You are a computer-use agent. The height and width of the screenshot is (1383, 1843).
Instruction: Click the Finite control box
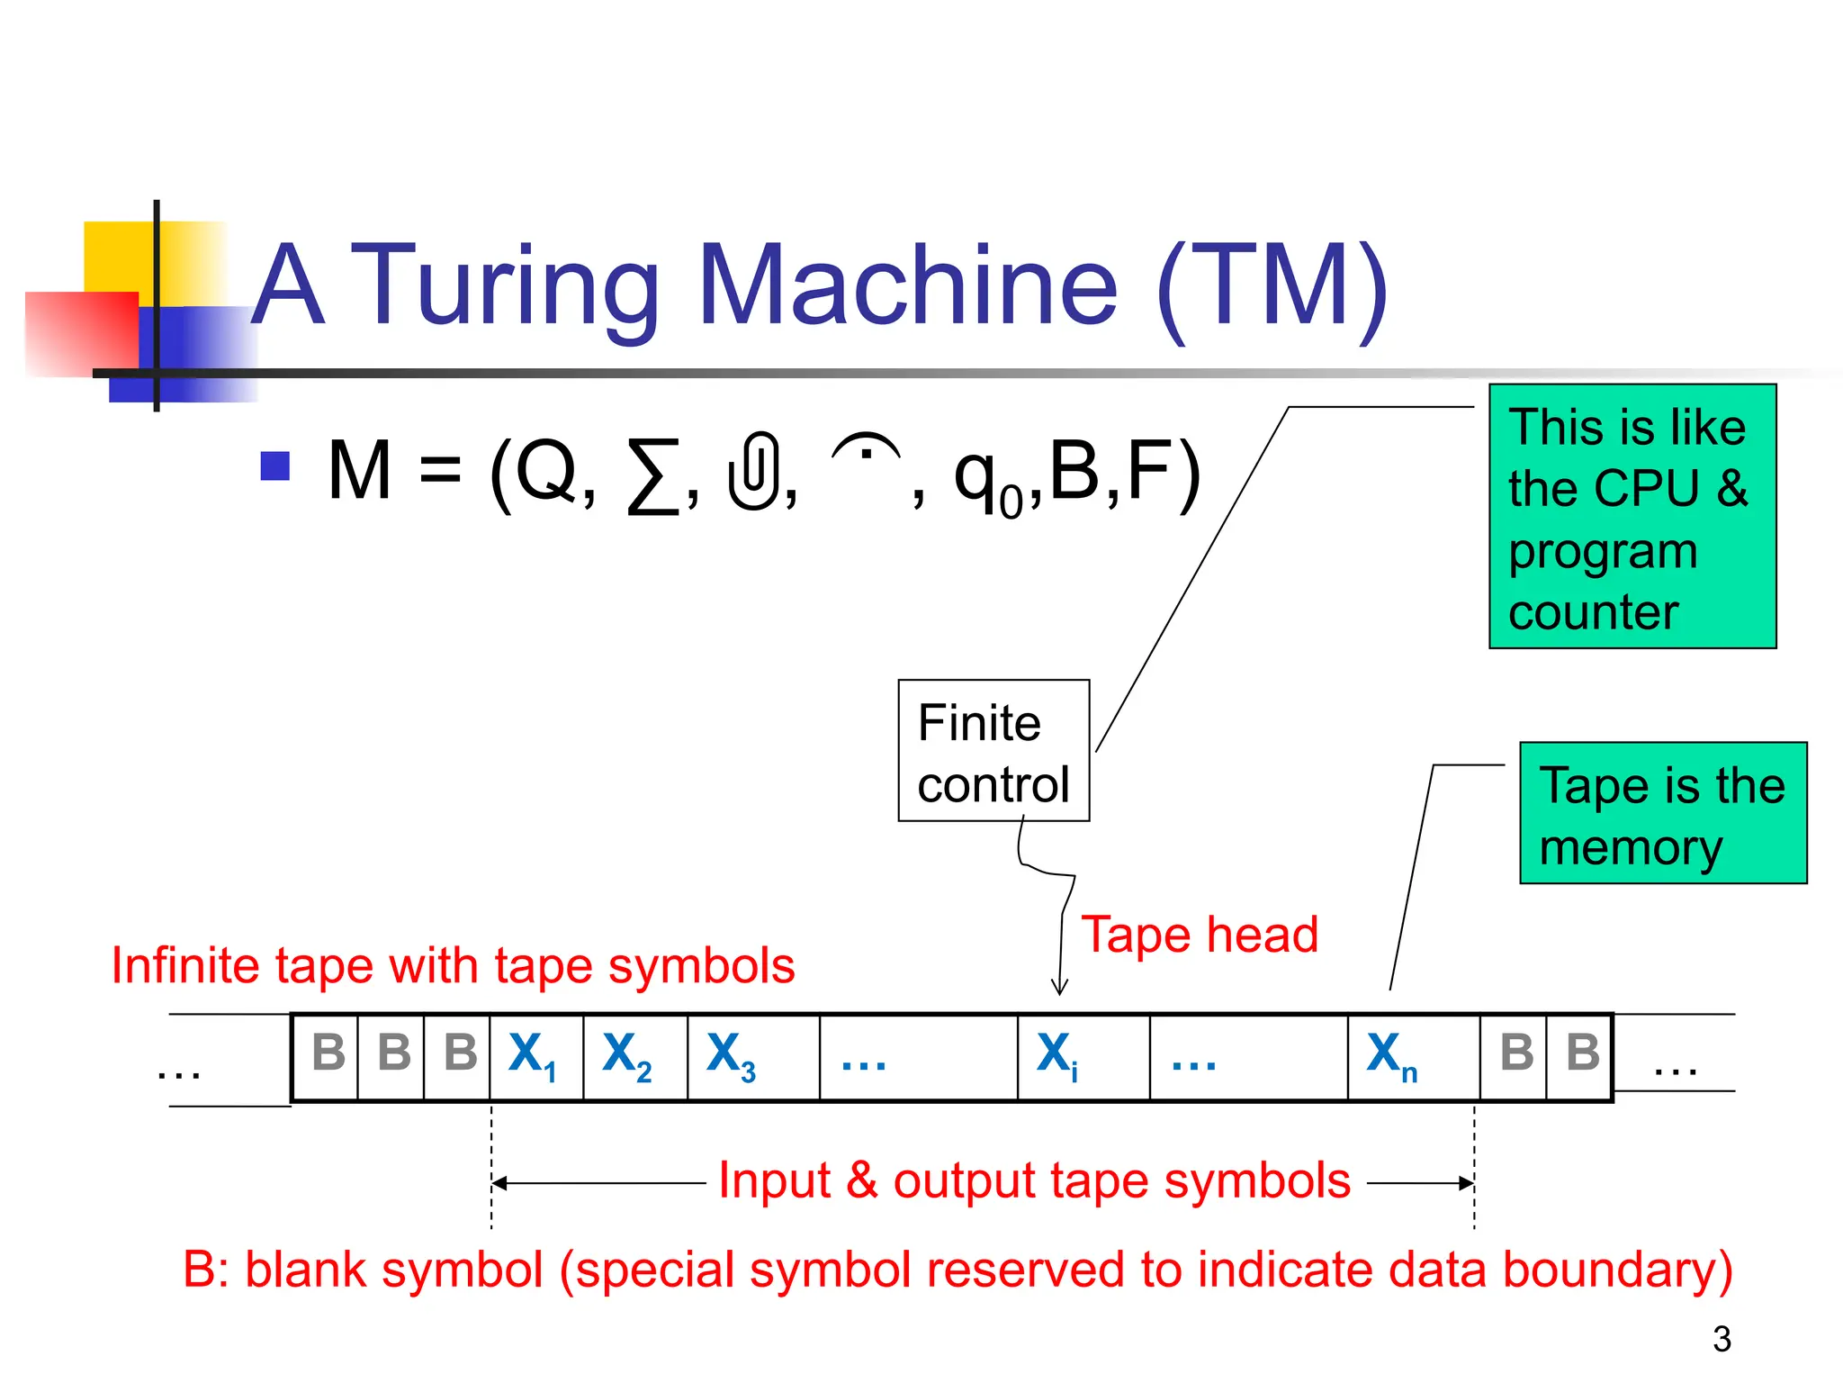coord(993,751)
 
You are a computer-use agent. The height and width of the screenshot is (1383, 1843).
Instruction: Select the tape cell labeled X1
coord(535,1057)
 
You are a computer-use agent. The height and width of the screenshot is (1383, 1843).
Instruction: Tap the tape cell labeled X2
coord(634,1057)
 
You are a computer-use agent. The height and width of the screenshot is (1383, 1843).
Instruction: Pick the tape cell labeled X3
coord(752,1057)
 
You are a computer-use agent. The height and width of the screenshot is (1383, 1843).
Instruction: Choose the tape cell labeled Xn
coord(1413,1057)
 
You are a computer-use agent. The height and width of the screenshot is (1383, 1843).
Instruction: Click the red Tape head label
coord(1199,935)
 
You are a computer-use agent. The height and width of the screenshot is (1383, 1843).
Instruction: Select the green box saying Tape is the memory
coord(1663,813)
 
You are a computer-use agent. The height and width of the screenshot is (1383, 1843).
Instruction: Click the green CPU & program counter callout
coord(1632,517)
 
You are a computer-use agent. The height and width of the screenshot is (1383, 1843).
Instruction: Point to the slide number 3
coord(1722,1340)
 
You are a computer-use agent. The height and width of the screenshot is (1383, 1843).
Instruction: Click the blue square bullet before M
coord(274,466)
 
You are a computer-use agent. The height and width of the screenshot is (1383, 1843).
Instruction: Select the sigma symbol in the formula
coord(653,475)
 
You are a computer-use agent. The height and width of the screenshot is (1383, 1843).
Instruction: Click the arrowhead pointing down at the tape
coord(1060,988)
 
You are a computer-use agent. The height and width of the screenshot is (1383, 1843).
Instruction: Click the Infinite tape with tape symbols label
coord(453,966)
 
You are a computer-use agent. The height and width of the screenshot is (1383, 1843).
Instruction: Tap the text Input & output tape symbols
coord(1034,1180)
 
